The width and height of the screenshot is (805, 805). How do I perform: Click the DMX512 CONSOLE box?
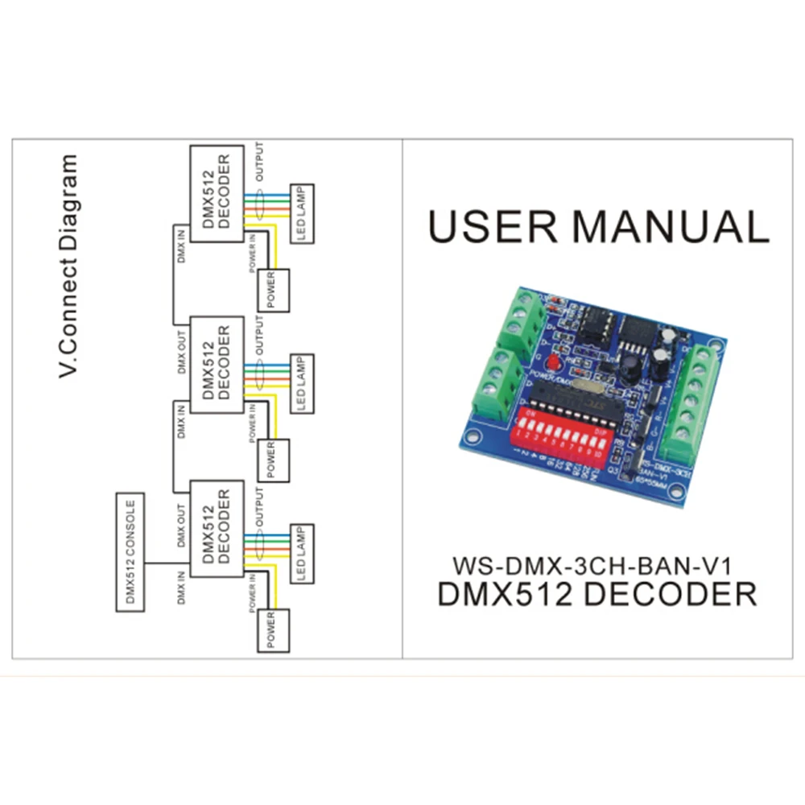(131, 553)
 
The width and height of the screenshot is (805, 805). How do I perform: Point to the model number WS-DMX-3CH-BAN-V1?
(595, 560)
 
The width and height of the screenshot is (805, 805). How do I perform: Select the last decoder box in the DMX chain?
(216, 187)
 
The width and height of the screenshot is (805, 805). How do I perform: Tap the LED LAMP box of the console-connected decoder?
(301, 555)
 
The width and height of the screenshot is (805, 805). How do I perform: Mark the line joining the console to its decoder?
(167, 561)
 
